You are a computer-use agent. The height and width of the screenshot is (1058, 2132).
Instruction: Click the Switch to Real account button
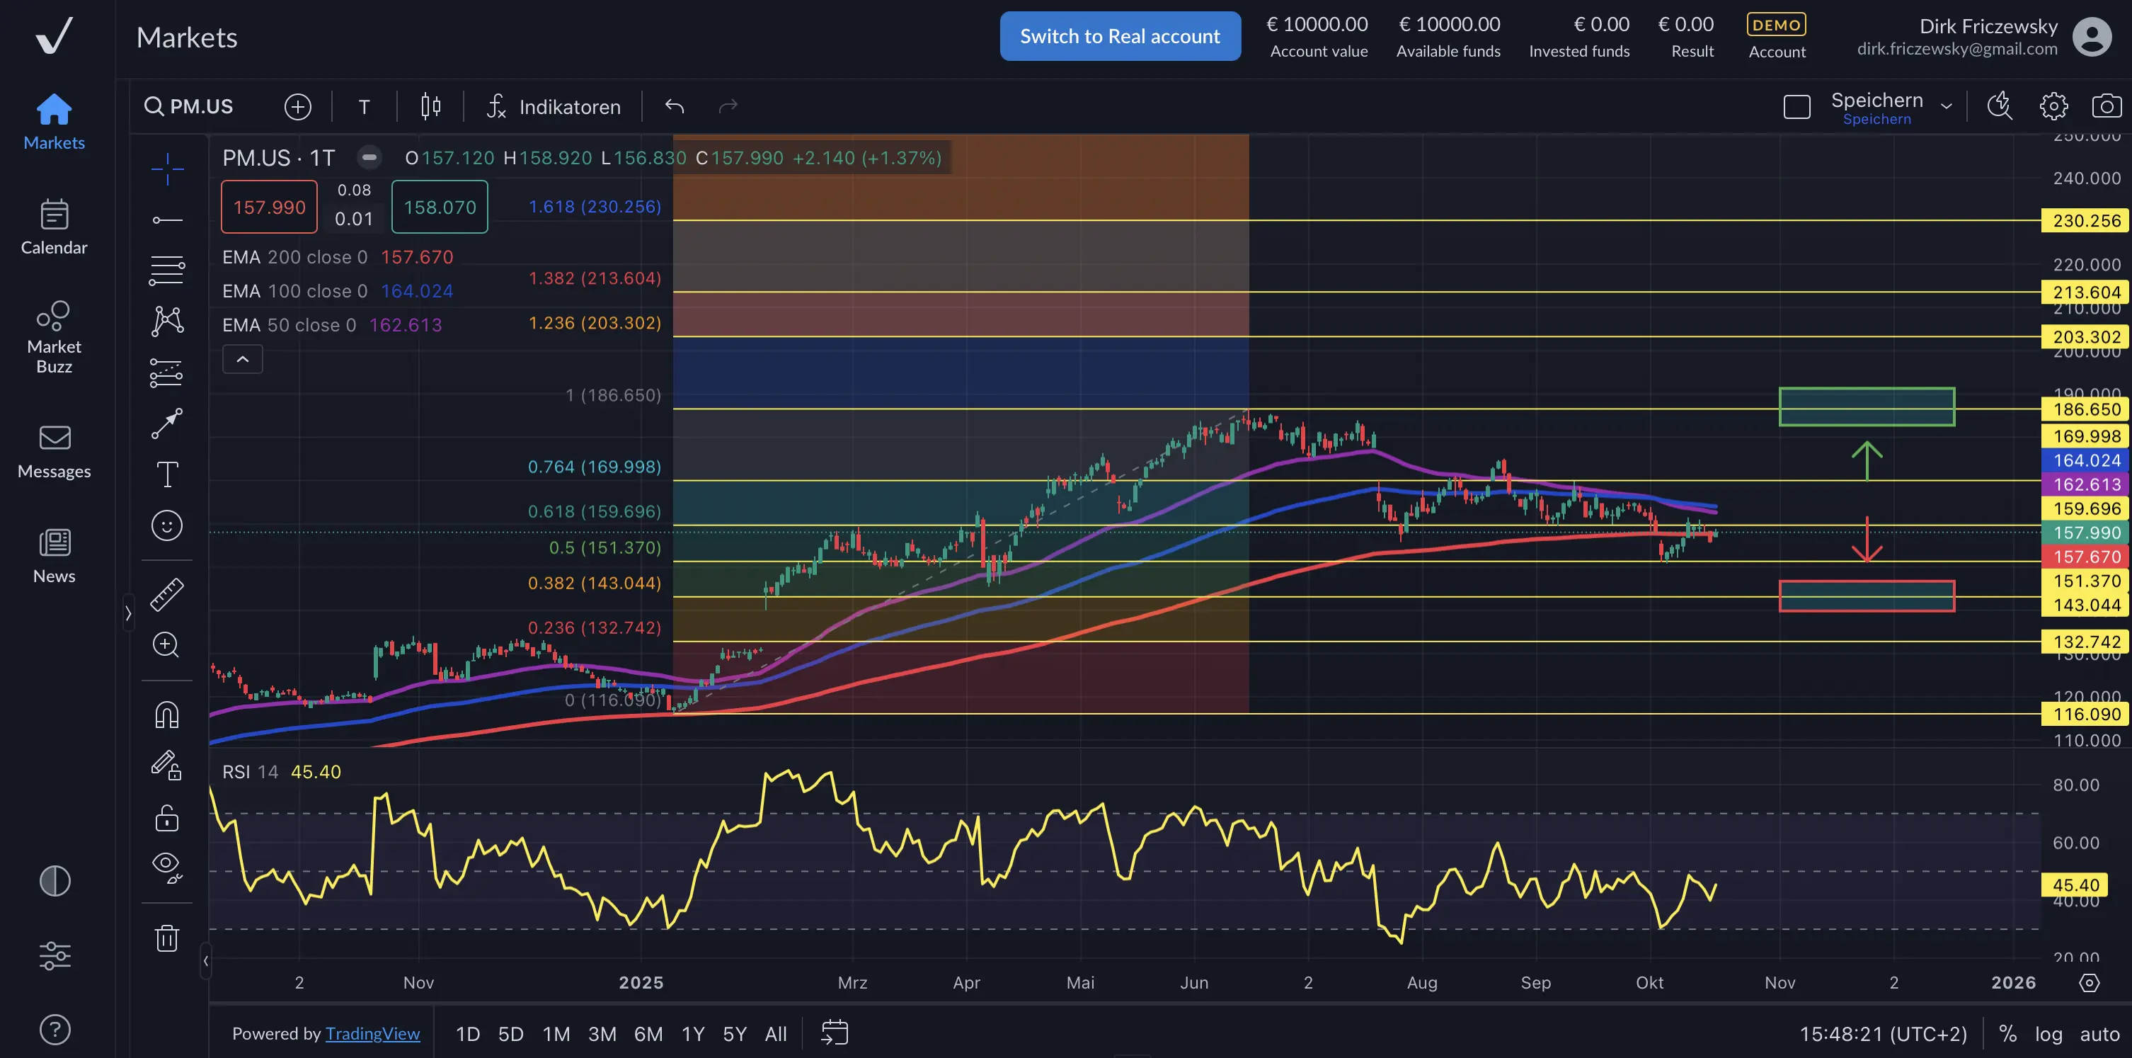(x=1120, y=36)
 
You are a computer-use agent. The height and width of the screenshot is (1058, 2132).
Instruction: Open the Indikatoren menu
(x=554, y=107)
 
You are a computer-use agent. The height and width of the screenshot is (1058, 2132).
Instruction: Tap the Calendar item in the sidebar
(x=54, y=227)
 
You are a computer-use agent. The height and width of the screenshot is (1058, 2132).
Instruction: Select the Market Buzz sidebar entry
(x=54, y=336)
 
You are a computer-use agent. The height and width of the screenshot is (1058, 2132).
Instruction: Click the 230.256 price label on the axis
(x=2086, y=221)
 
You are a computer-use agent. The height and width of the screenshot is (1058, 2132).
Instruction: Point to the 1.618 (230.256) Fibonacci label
(x=595, y=206)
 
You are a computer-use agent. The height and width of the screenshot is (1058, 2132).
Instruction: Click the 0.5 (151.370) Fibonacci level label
(x=605, y=547)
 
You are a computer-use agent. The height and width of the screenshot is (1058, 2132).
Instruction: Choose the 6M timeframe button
(x=648, y=1034)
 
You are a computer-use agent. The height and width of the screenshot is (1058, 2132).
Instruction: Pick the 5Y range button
(x=734, y=1034)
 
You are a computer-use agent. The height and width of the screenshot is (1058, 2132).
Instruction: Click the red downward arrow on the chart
(x=1867, y=540)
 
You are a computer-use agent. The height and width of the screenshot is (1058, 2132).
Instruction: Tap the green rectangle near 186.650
(x=1867, y=406)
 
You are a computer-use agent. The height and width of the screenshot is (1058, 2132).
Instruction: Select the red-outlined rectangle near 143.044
(x=1867, y=596)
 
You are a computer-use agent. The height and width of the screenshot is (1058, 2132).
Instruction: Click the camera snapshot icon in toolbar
(x=2107, y=106)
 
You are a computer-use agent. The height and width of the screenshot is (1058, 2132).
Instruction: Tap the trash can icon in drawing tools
(x=167, y=938)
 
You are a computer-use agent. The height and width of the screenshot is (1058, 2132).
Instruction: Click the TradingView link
(x=372, y=1034)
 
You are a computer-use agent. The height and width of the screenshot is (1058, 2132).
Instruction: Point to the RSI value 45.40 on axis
(x=2075, y=885)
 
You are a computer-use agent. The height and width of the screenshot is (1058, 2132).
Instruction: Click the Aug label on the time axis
(x=1422, y=983)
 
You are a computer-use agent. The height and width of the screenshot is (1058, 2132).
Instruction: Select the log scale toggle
(x=2048, y=1034)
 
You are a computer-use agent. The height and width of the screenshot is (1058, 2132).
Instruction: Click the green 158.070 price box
(x=440, y=207)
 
